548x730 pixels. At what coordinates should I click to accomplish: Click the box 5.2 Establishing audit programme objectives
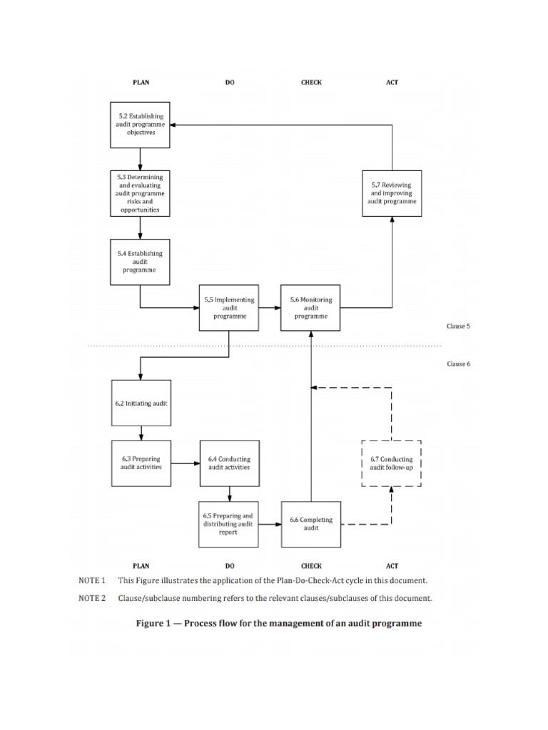tap(140, 124)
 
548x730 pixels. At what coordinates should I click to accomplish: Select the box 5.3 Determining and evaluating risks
tap(140, 192)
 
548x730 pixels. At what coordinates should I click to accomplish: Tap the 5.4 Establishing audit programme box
tap(140, 261)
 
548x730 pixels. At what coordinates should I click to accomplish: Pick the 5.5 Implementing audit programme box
tap(229, 308)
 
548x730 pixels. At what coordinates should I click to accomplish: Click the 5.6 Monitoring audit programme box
tap(310, 308)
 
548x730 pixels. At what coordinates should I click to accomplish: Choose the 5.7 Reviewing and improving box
tap(392, 192)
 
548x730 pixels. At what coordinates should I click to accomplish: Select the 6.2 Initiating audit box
tap(141, 403)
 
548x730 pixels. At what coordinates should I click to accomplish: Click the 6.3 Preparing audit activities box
tap(141, 463)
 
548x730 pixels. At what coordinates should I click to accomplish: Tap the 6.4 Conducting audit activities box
tap(229, 463)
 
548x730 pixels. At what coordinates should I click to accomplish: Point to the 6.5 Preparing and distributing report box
tap(229, 524)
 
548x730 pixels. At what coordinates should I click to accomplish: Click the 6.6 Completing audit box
tap(310, 524)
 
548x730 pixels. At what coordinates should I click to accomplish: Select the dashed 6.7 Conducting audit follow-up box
tap(392, 463)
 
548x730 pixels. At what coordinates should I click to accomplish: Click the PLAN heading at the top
tap(141, 83)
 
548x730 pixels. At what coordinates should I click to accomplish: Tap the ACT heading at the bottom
tap(392, 566)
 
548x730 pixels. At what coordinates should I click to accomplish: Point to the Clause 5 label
tap(458, 327)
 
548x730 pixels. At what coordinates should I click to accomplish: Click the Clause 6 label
tap(458, 364)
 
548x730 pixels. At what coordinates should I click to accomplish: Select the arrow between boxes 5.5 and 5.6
tap(269, 308)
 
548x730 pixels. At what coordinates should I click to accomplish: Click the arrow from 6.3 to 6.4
tap(185, 463)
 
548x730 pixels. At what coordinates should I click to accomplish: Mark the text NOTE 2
tap(92, 598)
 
